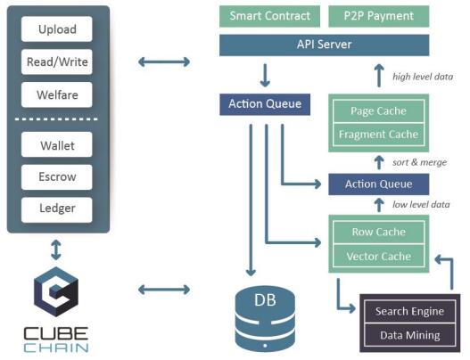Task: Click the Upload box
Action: (57, 29)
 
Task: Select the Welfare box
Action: (57, 94)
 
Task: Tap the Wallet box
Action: (57, 145)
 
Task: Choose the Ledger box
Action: (57, 208)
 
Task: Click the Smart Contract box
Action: (269, 16)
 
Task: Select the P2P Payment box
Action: (374, 16)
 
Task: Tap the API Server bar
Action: (324, 45)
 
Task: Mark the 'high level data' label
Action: (423, 77)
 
